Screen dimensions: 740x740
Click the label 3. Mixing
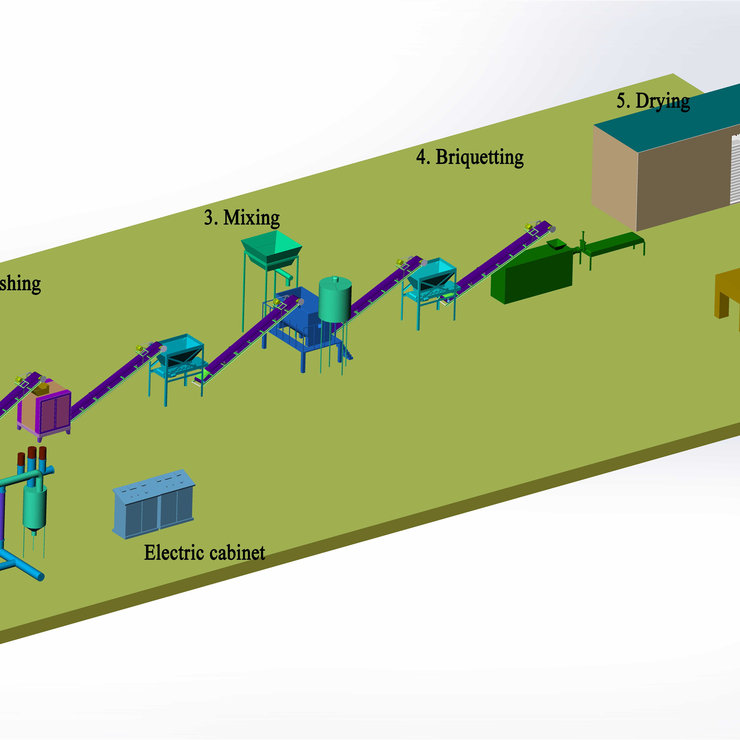(x=242, y=218)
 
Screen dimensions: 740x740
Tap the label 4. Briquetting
(x=470, y=157)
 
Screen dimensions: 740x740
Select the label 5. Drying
(x=653, y=101)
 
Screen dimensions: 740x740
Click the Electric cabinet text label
(x=205, y=553)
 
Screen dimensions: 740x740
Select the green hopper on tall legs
(x=271, y=247)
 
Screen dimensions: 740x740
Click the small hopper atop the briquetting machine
(x=557, y=244)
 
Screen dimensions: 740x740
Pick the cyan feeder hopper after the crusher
(x=180, y=349)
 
